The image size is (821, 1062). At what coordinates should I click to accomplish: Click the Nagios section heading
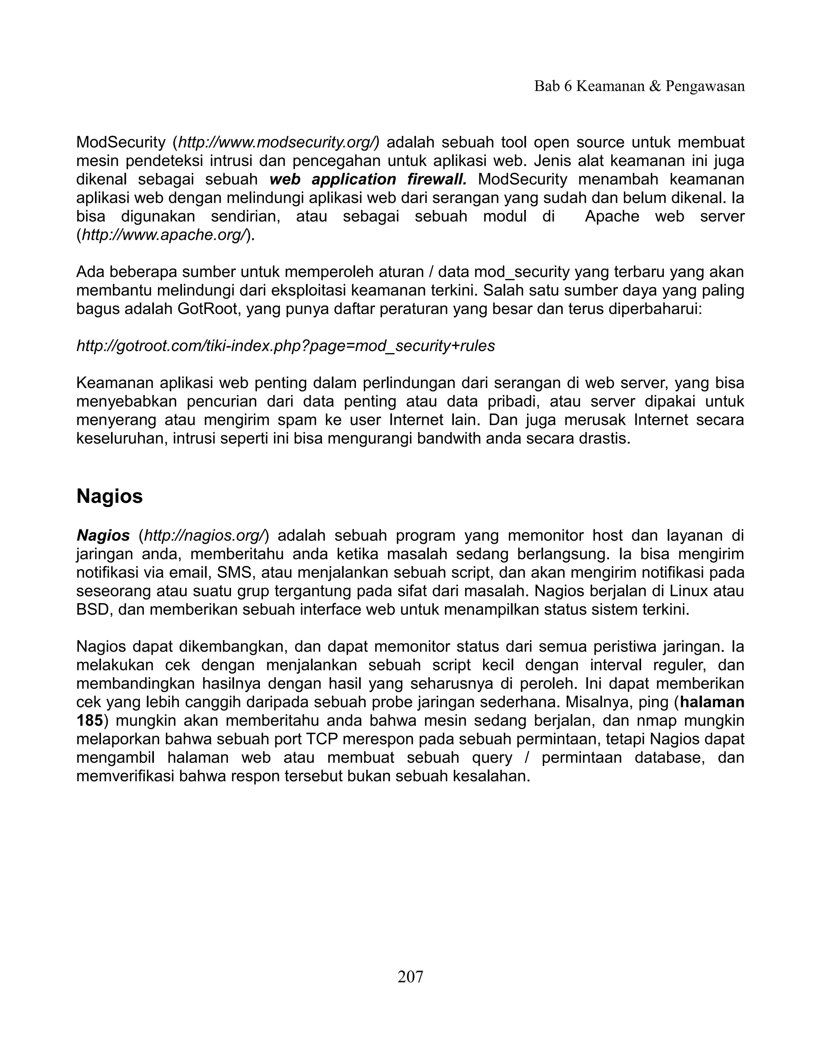(x=109, y=496)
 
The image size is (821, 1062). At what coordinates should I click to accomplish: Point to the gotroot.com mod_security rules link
(x=285, y=346)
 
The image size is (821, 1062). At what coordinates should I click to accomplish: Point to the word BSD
(x=92, y=609)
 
